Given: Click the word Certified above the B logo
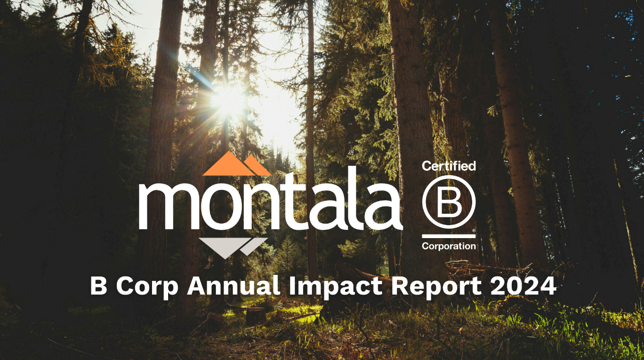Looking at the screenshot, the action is pyautogui.click(x=449, y=167).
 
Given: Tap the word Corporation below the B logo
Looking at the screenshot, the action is pyautogui.click(x=449, y=246).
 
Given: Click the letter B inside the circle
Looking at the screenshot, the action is pyautogui.click(x=449, y=202).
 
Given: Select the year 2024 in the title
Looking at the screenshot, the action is pyautogui.click(x=524, y=286).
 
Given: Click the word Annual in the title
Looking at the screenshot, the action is pyautogui.click(x=234, y=286).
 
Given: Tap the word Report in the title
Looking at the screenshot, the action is pyautogui.click(x=436, y=287).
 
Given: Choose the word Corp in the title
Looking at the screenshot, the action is pyautogui.click(x=147, y=287).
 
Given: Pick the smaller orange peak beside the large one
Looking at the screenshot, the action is pyautogui.click(x=257, y=167).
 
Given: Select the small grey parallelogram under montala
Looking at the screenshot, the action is pyautogui.click(x=254, y=246).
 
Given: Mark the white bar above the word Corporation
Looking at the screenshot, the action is pyautogui.click(x=449, y=236).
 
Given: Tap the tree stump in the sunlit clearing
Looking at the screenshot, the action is pyautogui.click(x=256, y=315).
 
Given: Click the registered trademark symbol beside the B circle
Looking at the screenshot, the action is pyautogui.click(x=474, y=230).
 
